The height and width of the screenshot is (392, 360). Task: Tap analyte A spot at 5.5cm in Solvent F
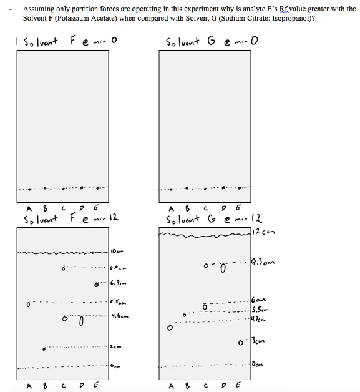[27, 305]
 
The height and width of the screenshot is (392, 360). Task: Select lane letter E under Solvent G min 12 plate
[238, 385]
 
